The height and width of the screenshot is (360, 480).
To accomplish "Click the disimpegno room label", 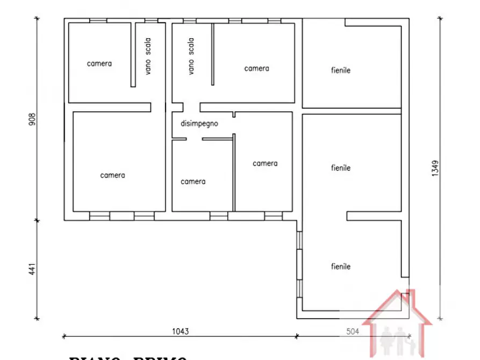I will point(199,124).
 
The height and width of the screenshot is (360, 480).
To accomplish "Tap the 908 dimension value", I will point(32,118).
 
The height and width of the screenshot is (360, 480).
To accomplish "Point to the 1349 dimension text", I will point(435,170).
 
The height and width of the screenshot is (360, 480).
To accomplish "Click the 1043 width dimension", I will point(181,332).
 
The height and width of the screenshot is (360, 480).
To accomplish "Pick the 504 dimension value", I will point(352,332).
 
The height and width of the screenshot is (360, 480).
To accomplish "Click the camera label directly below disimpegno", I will point(193,182).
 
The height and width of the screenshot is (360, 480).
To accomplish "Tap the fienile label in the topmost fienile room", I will point(340,70).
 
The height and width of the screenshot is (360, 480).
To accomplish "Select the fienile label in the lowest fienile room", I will point(340,267).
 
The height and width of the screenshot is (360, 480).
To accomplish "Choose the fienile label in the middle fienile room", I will point(340,168).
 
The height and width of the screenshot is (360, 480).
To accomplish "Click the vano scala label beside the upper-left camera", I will point(148,55).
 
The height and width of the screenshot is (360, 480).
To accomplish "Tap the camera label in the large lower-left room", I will point(112,175).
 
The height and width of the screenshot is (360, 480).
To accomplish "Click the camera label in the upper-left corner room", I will point(99,63).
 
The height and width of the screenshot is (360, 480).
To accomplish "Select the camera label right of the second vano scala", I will point(256,68).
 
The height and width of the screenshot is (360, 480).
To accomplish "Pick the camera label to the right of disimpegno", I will point(265,163).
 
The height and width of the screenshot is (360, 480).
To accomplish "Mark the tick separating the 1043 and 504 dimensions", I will point(297,336).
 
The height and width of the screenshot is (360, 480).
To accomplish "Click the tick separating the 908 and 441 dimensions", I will point(37,220).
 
